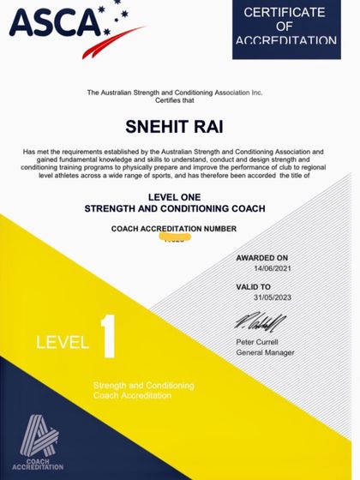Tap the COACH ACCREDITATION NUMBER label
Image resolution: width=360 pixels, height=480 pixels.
point(173,229)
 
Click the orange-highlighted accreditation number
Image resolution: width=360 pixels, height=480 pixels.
point(174,240)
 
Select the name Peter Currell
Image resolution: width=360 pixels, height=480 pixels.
point(258,342)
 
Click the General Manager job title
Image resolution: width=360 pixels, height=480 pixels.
point(265,352)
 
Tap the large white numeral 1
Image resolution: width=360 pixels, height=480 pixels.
point(108,340)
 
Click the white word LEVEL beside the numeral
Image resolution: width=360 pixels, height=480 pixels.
point(63,343)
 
